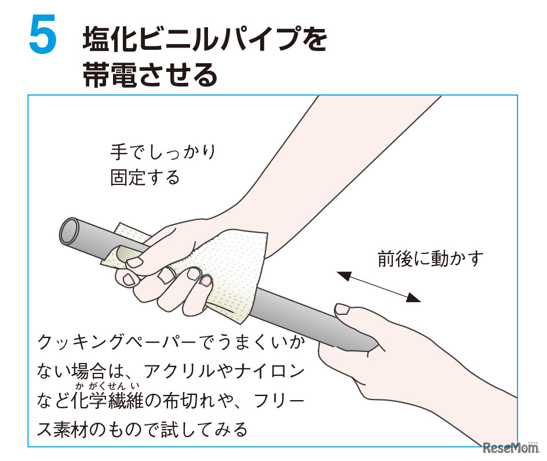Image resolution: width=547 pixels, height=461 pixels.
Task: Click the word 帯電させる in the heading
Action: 150,75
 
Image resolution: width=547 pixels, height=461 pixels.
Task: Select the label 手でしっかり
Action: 163,153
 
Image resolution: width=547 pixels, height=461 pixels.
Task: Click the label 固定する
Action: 145,177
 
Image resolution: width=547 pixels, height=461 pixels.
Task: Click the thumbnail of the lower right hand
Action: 343,309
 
